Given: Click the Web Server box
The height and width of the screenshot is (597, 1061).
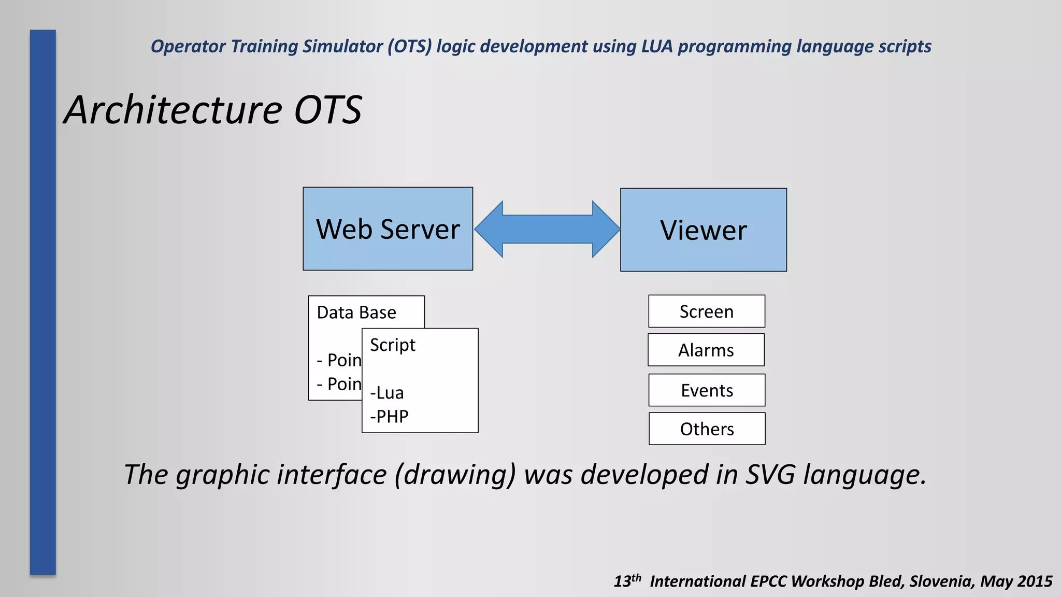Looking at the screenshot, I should point(388,229).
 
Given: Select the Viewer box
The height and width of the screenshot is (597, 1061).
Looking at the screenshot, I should point(703,230).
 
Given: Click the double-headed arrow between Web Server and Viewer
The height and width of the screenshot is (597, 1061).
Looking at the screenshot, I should point(547,229).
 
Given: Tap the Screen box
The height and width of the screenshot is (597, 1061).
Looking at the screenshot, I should point(706,311).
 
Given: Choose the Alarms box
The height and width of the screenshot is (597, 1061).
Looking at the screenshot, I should point(706,350).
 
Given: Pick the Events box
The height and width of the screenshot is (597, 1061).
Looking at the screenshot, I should point(707,390).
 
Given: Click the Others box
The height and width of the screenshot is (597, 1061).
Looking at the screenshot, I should point(707,429).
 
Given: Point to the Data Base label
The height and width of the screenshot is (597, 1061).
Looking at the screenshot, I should point(356,312).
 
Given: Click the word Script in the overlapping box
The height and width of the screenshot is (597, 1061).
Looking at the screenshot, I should point(392,345).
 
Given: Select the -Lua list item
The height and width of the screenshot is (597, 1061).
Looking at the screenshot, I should point(386,393).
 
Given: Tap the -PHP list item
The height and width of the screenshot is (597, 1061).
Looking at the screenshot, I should point(389,417).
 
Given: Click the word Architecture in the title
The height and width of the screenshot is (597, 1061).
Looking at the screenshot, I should point(173,110).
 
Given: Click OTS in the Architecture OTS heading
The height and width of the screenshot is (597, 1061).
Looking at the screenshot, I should point(327,110).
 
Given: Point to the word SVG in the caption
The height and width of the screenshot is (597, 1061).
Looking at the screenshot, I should point(770,474).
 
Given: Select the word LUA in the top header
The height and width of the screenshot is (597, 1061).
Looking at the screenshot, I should point(656,47).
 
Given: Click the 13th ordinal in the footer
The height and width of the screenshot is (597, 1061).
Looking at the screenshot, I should point(627,580).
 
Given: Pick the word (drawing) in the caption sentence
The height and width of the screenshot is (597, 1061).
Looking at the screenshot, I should point(455,475).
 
